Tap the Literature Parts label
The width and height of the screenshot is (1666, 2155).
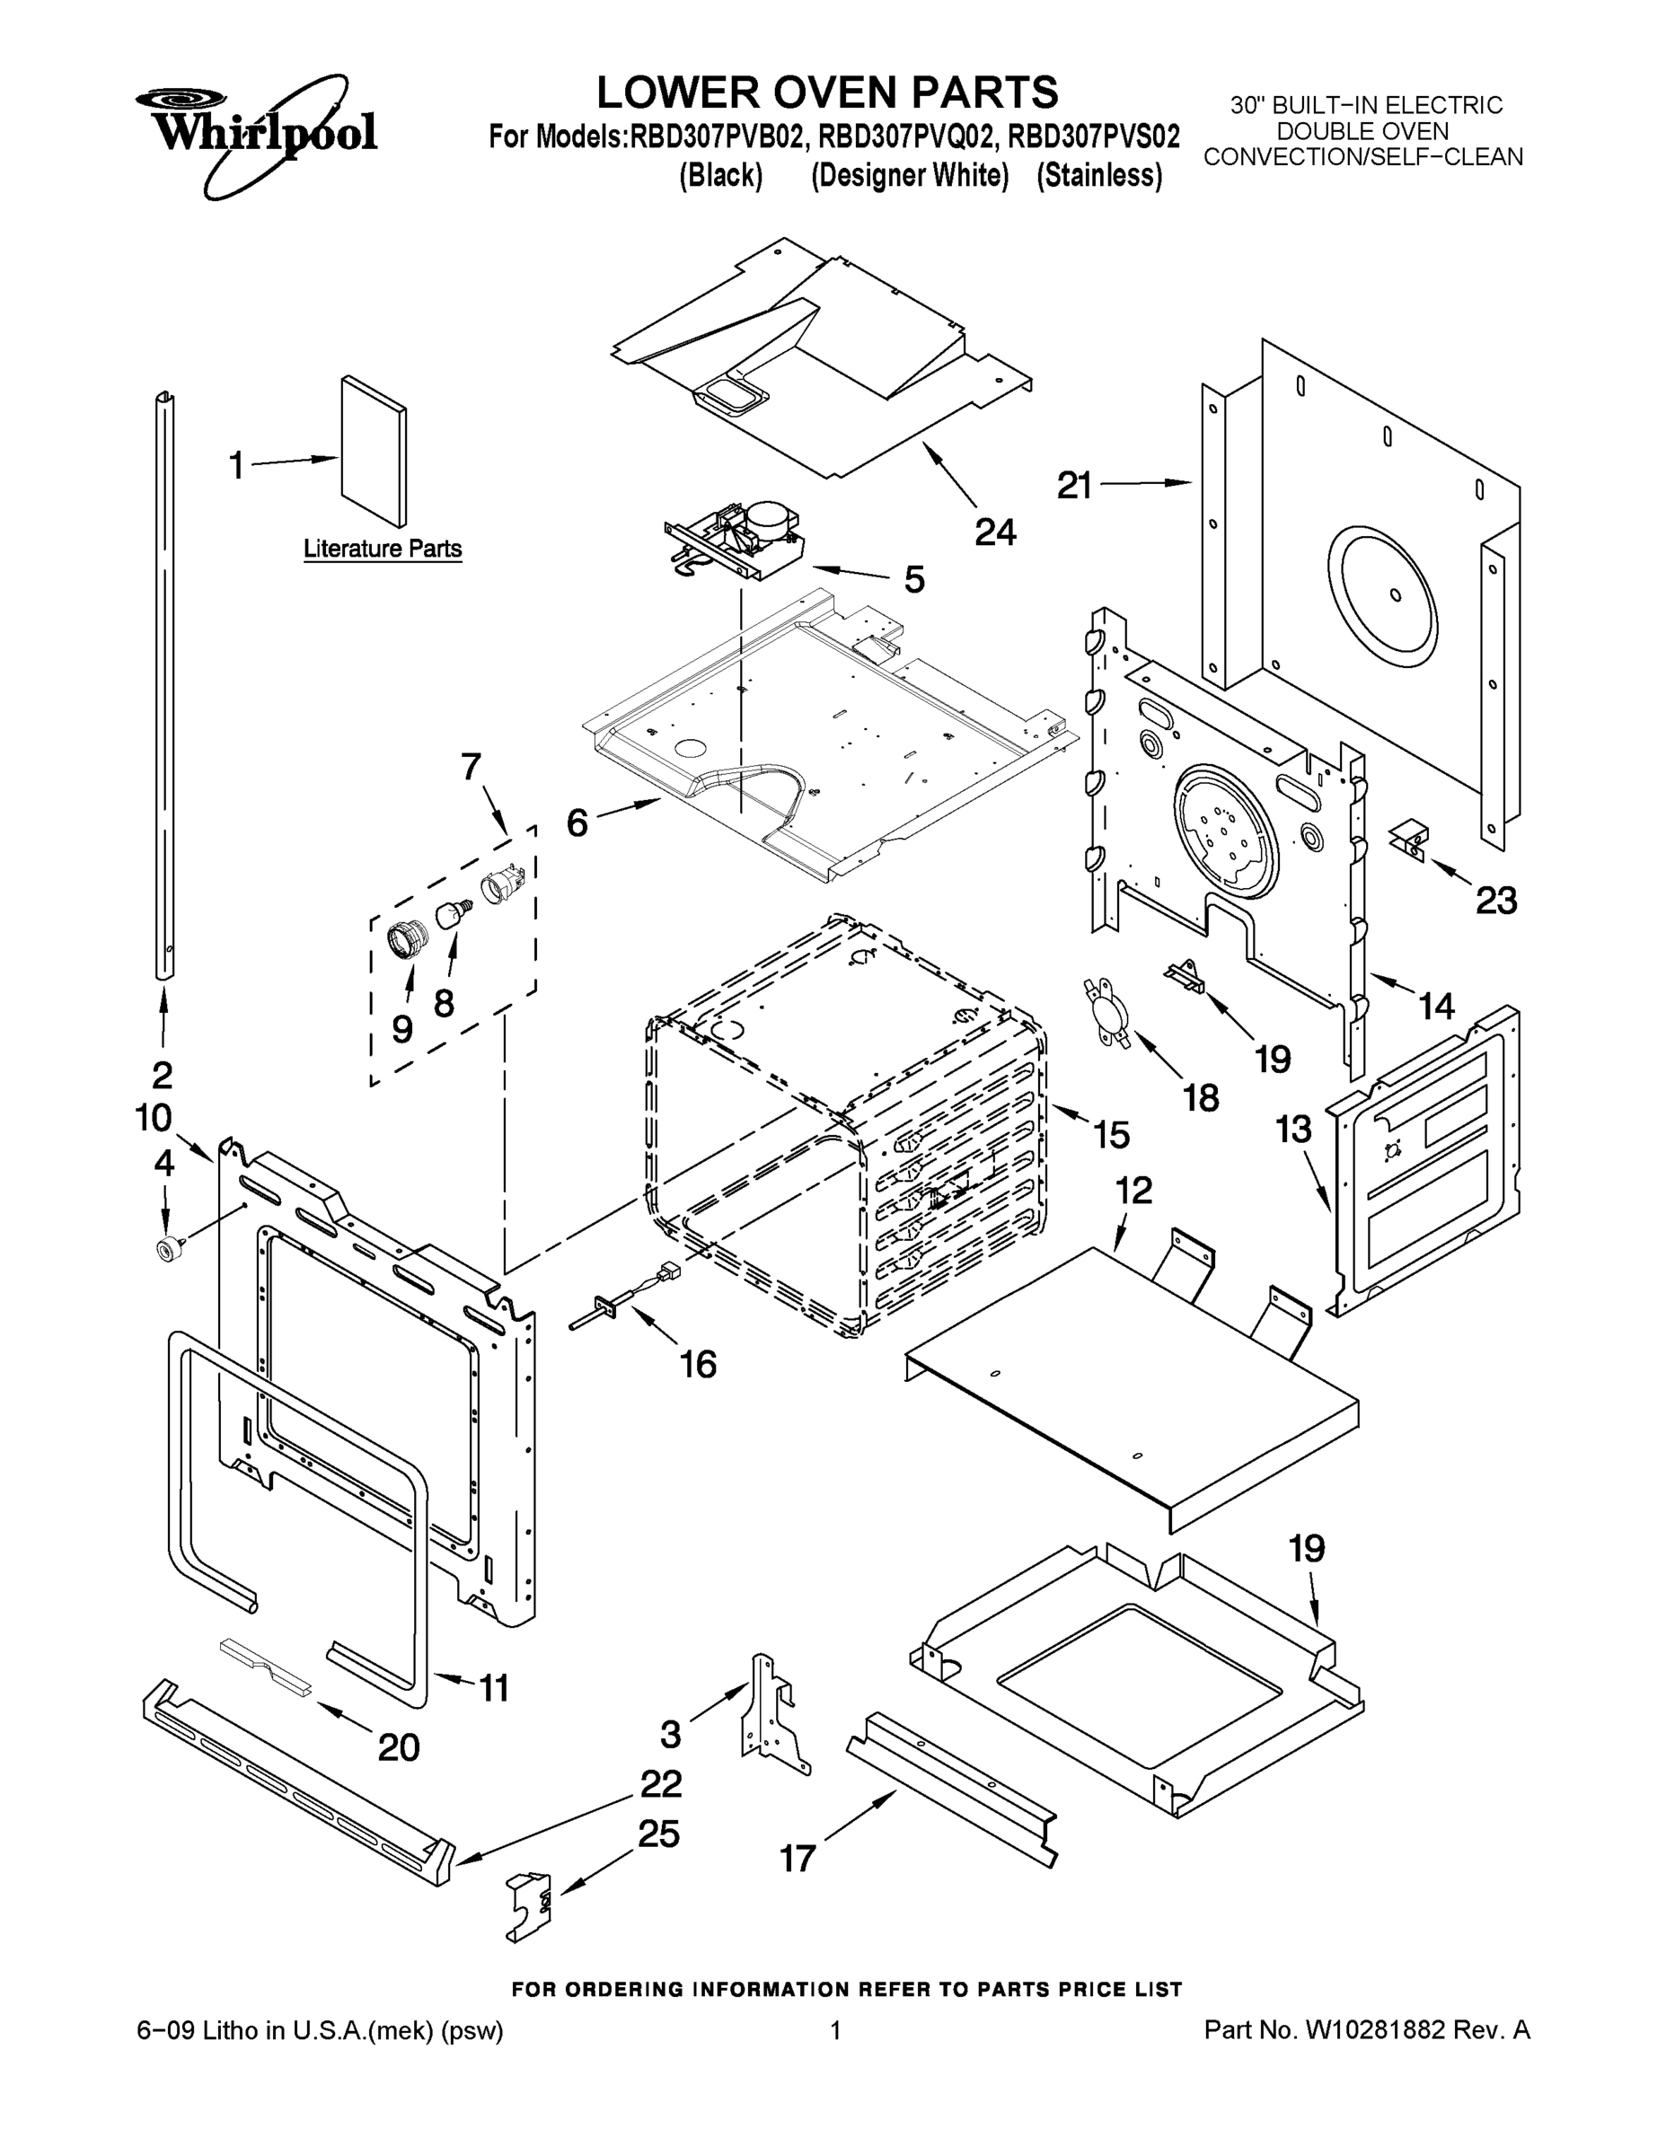coord(382,549)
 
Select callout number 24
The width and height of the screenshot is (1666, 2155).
coord(995,532)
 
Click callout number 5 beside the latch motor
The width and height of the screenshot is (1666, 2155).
coord(914,579)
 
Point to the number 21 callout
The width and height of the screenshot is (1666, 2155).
coord(1075,485)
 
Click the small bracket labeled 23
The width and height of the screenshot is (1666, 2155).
coord(1408,840)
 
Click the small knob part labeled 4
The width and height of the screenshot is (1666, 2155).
coord(167,1249)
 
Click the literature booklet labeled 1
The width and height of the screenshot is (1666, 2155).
coord(374,451)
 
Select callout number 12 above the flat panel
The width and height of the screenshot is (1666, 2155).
coord(1133,1190)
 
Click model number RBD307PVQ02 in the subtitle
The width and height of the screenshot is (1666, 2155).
coord(904,136)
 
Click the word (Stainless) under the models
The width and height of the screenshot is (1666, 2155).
coord(1099,176)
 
